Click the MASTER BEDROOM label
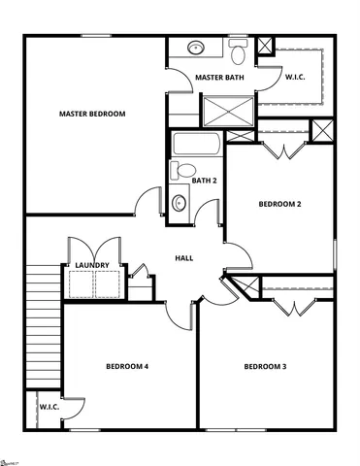pos(92,114)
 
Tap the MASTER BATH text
pos(218,77)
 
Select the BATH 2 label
pos(204,181)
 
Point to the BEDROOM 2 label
pos(279,204)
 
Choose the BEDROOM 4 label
pos(127,366)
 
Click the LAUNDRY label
pos(93,265)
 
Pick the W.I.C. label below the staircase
pos(49,408)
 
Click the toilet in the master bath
pos(238,46)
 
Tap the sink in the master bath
pos(195,46)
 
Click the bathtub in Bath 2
pos(198,146)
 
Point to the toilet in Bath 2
pos(180,171)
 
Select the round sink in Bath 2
pos(180,204)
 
